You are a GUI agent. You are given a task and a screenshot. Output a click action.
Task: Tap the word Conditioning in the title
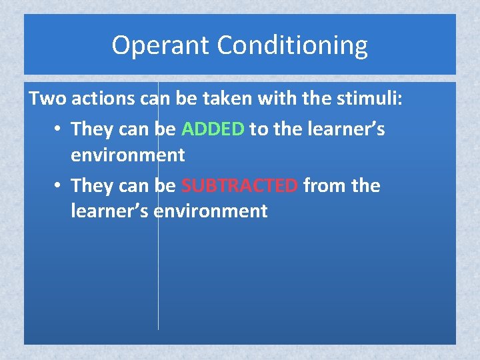tap(292, 46)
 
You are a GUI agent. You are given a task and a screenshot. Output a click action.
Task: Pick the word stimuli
tap(371, 99)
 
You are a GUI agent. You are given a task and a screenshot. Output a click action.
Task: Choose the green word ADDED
tap(213, 128)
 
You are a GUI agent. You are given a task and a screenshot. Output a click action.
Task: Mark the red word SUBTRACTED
tap(239, 185)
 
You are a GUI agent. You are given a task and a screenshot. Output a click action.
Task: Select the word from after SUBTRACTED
tap(325, 185)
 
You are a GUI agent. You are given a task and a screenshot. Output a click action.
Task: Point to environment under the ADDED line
tap(128, 155)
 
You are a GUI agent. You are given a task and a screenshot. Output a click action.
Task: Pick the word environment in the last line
tap(211, 211)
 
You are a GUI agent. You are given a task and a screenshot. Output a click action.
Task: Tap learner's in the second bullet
tap(110, 211)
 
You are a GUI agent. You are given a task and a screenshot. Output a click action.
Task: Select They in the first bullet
tap(92, 128)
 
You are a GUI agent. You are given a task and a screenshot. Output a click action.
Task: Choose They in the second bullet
tap(92, 185)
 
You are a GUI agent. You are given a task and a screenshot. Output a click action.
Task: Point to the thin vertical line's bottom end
tap(158, 327)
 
